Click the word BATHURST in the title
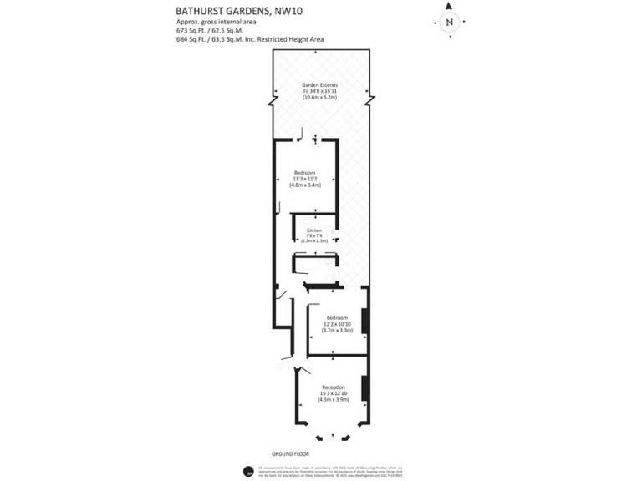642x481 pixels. (x=201, y=11)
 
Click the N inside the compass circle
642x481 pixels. (x=450, y=23)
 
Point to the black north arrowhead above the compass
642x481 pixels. (x=450, y=6)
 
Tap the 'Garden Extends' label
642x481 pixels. (x=318, y=84)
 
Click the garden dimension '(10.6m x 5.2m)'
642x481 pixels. (x=318, y=99)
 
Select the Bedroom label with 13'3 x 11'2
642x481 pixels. (x=306, y=171)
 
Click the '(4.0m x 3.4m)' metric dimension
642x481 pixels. (x=306, y=185)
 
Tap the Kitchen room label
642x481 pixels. (x=314, y=230)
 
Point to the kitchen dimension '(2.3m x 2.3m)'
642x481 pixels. (x=314, y=240)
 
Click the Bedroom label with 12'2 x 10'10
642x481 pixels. (x=338, y=318)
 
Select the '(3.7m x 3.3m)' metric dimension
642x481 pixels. (x=338, y=331)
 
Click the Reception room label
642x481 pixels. (x=334, y=387)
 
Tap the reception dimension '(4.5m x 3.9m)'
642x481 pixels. (x=334, y=400)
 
